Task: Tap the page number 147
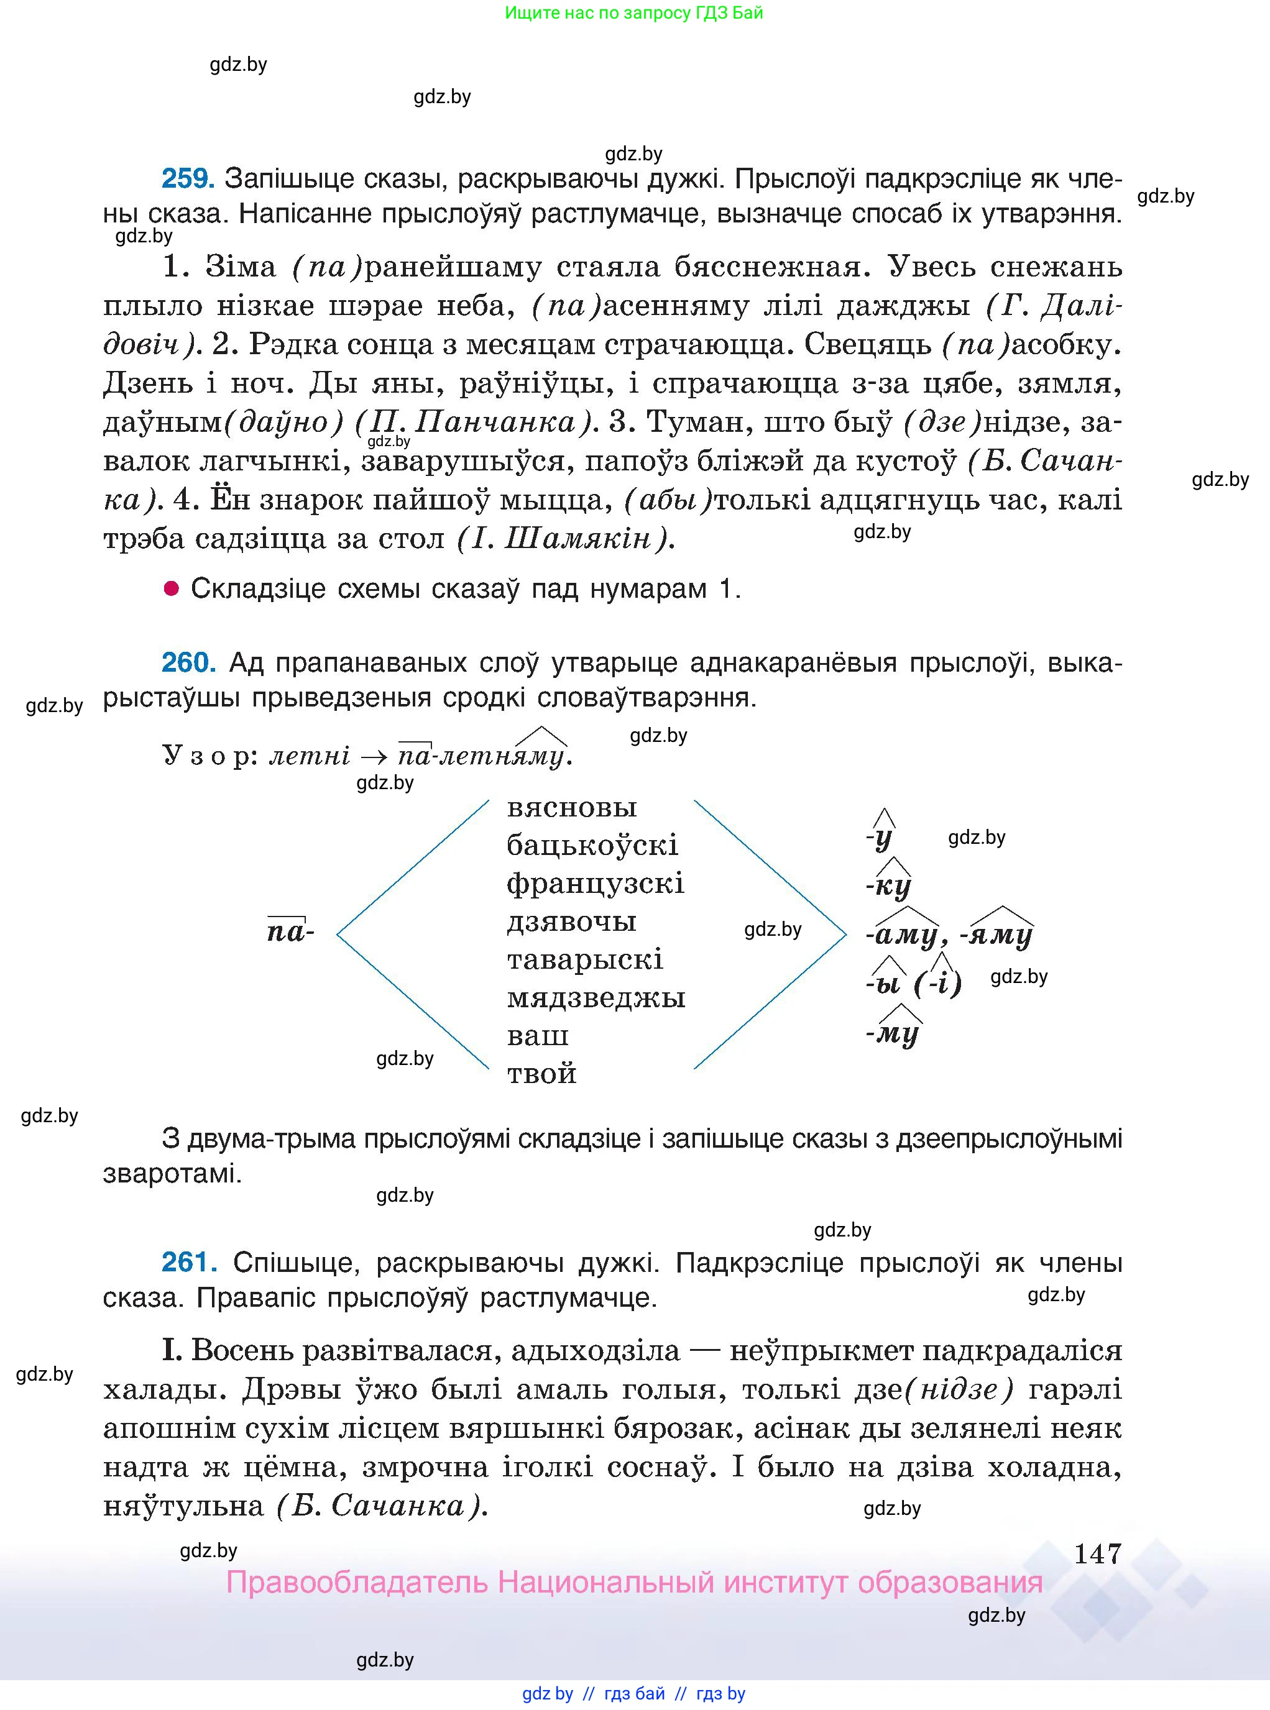[1097, 1554]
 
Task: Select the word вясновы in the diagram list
[572, 808]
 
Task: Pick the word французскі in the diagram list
[595, 883]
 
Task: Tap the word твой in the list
[542, 1073]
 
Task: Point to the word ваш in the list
[537, 1035]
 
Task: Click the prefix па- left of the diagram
[290, 932]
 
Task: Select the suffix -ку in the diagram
[890, 886]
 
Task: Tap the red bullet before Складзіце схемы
[172, 588]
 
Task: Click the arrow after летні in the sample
[374, 756]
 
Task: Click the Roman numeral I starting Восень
[171, 1350]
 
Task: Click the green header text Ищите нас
[634, 13]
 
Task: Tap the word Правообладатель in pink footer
[357, 1583]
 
